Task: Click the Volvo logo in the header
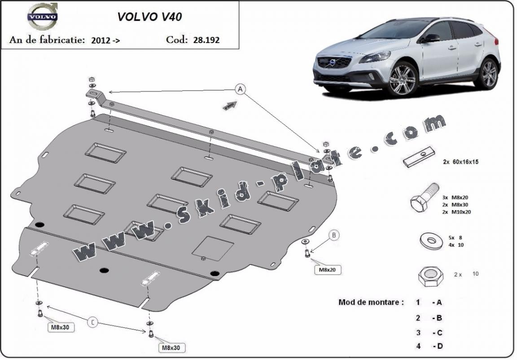click(43, 17)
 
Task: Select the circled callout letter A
click(241, 90)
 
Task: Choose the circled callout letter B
click(334, 234)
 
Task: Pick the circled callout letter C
click(92, 322)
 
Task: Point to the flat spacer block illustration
click(418, 158)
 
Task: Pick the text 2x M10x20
click(456, 212)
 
